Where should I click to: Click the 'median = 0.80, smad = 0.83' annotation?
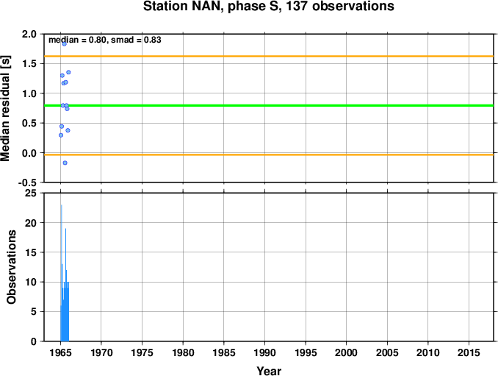[x=105, y=40]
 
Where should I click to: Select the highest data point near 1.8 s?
[x=64, y=44]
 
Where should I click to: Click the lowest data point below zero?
[x=65, y=163]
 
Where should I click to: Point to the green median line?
[x=269, y=105]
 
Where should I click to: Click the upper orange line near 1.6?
[x=269, y=57]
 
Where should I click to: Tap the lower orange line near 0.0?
[x=269, y=155]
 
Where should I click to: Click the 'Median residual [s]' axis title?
[x=5, y=108]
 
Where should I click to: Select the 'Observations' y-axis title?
[x=12, y=267]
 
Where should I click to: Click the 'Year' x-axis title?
[x=269, y=371]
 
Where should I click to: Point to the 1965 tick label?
[x=60, y=352]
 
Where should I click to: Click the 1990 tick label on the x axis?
[x=264, y=352]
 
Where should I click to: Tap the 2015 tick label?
[x=469, y=352]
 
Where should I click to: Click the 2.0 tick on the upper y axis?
[x=29, y=34]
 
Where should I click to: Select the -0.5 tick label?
[x=27, y=182]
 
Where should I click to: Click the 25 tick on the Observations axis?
[x=31, y=193]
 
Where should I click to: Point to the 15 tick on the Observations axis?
[x=31, y=252]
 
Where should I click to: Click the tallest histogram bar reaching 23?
[x=61, y=273]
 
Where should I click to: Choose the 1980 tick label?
[x=183, y=352]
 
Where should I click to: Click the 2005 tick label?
[x=387, y=352]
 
